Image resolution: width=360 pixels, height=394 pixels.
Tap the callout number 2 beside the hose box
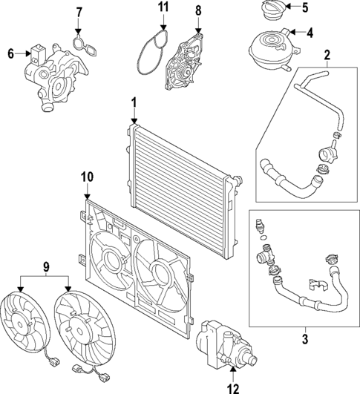327,55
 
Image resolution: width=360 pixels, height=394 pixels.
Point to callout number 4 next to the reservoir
310,32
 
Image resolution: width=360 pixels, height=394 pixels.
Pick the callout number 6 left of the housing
10,53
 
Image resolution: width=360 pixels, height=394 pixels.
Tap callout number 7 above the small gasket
80,13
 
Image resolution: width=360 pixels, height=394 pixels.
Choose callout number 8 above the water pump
198,11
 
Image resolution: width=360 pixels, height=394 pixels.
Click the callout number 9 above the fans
45,266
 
